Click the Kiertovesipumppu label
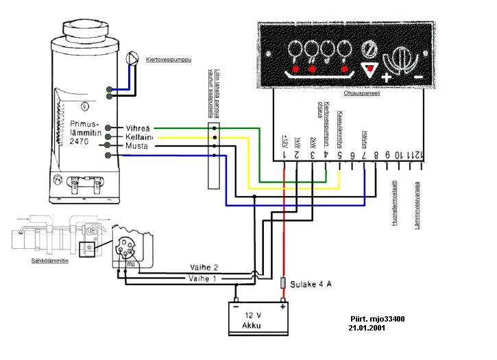[x=168, y=60]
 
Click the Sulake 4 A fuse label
[x=312, y=283]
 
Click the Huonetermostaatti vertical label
[x=396, y=202]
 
